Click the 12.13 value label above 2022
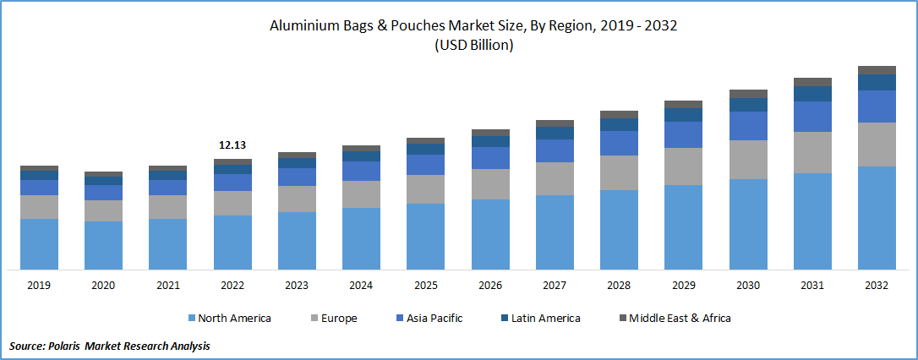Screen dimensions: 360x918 [x=232, y=145]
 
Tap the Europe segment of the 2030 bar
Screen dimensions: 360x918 [x=748, y=159]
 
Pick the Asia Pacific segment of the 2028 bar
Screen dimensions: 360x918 [x=619, y=143]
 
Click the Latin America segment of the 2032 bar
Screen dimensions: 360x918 [x=877, y=82]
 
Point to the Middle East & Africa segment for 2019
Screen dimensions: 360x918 [x=39, y=168]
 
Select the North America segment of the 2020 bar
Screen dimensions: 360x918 [x=103, y=245]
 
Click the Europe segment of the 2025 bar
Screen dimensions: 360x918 [x=425, y=188]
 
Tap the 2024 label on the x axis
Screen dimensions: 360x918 [x=361, y=286]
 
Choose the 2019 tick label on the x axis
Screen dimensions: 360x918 [x=39, y=286]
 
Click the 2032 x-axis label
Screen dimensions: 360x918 [x=877, y=286]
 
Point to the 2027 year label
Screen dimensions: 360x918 [x=555, y=286]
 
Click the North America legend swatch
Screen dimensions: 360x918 [x=191, y=319]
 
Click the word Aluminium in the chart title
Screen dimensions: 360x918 [x=303, y=26]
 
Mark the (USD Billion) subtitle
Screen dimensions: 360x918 [x=473, y=46]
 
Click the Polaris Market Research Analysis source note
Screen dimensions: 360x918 [x=110, y=346]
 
